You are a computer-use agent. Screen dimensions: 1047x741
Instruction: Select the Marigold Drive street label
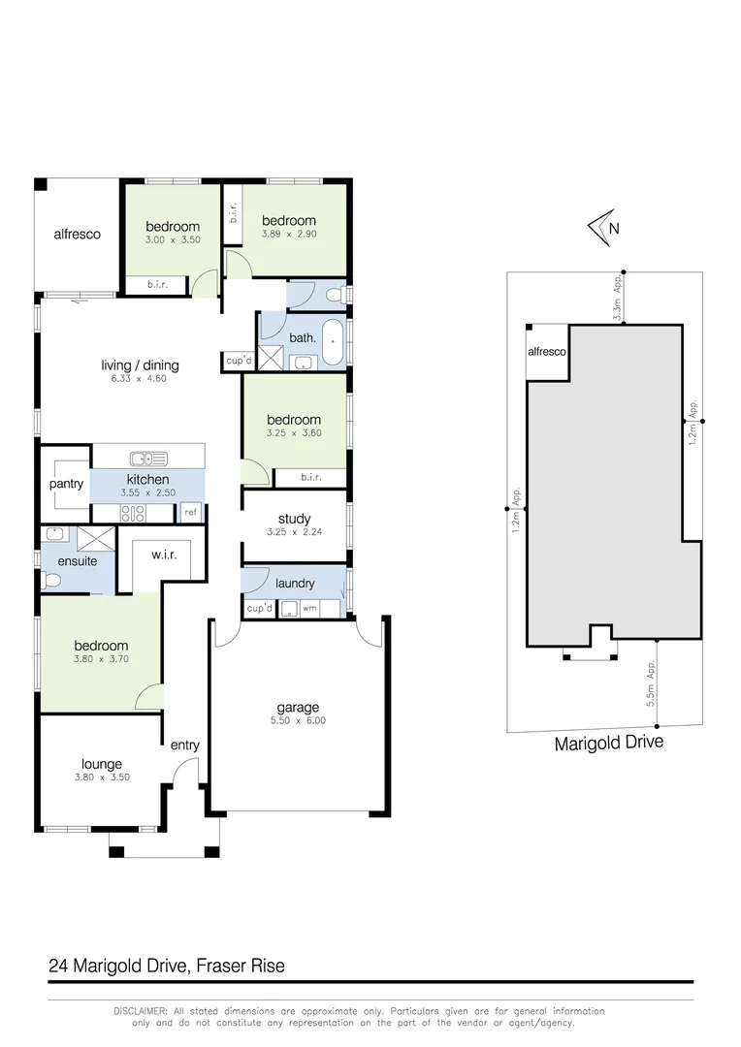608,744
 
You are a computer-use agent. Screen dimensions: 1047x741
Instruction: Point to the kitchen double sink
150,458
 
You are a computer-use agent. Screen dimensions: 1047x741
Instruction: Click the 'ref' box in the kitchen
191,512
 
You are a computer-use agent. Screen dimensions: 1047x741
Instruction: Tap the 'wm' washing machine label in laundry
310,609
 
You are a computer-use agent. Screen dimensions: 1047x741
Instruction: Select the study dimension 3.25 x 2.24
294,532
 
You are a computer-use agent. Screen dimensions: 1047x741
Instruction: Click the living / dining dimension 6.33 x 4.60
140,379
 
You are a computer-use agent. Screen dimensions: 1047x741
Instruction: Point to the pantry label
66,484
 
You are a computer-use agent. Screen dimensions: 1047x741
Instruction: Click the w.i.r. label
162,555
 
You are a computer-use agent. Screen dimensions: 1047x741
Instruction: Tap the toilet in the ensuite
52,581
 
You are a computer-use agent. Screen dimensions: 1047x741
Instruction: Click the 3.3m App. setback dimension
618,298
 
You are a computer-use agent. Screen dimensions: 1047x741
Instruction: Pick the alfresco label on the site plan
547,353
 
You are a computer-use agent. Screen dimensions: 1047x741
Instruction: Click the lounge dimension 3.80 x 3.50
101,777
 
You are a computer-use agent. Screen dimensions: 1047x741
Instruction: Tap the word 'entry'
184,745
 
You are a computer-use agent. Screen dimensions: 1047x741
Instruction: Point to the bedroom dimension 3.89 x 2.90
288,234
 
